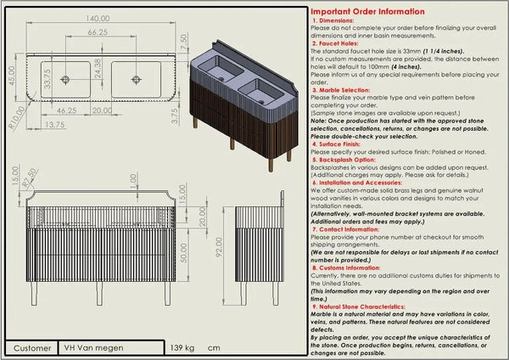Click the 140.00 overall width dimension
(104, 18)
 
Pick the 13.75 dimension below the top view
(53, 124)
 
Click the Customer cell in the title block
(32, 348)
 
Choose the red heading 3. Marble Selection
(344, 87)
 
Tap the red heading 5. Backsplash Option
(347, 159)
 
